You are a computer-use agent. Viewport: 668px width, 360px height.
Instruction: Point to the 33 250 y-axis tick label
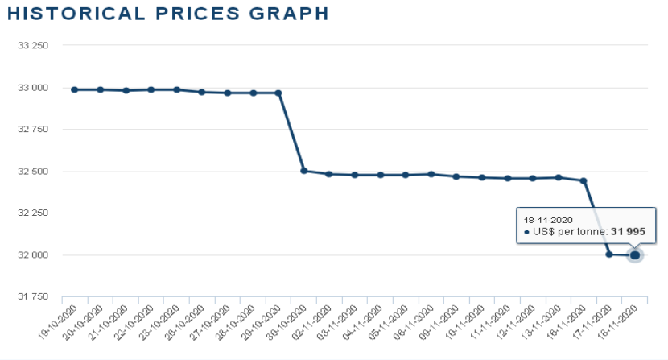33,46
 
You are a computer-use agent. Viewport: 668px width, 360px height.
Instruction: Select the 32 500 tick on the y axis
33,172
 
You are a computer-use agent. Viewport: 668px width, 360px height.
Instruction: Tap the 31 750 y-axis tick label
33,297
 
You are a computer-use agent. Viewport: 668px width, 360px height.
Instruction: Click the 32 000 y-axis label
33,255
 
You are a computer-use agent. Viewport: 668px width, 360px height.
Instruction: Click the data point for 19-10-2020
75,89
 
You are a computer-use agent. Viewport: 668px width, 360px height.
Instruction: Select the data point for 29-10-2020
278,93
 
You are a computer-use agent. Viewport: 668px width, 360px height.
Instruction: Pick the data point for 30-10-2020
303,171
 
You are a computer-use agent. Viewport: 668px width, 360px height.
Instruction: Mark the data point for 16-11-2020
583,180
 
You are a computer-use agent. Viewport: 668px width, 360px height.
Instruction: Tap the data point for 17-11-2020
609,254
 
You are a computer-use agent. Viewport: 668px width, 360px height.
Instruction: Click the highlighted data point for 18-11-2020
635,255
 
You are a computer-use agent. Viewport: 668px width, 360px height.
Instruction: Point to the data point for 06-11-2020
431,174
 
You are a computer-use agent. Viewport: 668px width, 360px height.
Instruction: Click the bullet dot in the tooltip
526,232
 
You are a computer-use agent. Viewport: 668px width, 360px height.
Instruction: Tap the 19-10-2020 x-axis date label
64,321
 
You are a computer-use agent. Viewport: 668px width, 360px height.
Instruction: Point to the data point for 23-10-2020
176,89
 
